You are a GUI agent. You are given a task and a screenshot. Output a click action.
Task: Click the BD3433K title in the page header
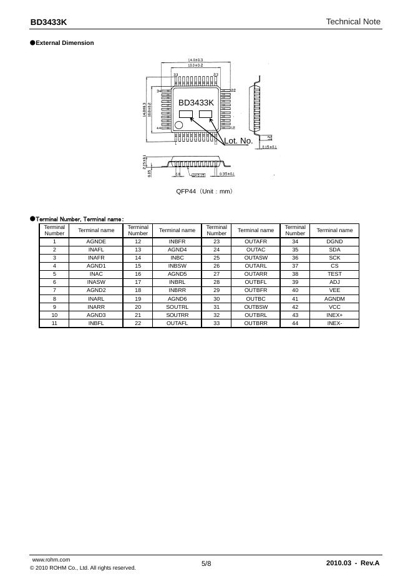tap(49, 22)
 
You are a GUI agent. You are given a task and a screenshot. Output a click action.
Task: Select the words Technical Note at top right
tap(352, 22)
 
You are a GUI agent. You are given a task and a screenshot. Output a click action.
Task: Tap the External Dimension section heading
tap(65, 43)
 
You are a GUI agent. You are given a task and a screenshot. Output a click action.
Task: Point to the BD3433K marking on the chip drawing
tap(196, 102)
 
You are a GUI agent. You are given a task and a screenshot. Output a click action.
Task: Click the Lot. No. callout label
tap(238, 141)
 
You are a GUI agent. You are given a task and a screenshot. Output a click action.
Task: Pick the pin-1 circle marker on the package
tap(179, 125)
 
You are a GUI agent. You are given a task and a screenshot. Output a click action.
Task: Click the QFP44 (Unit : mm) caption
tap(205, 191)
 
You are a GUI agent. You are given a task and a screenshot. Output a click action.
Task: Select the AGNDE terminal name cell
tap(96, 241)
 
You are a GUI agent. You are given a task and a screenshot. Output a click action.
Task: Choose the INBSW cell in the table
tap(177, 265)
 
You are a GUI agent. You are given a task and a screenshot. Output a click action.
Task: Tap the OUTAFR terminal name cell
tap(256, 241)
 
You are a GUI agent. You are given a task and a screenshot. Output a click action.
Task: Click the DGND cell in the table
tap(334, 241)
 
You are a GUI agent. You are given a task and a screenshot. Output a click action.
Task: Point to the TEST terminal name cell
tap(334, 273)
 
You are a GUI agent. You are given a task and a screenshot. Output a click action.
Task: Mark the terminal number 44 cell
tap(295, 323)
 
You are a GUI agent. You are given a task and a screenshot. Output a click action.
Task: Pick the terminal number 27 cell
tap(216, 273)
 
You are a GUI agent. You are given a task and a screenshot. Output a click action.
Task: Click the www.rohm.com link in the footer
tap(51, 560)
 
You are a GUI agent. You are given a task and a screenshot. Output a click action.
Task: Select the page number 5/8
tap(206, 563)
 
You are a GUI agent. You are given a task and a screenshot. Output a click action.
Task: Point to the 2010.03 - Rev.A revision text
tap(352, 563)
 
